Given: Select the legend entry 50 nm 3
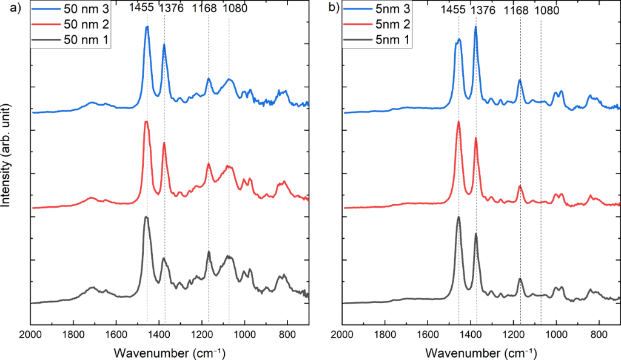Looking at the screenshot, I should pyautogui.click(x=87, y=10).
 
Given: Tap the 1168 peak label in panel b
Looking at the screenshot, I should pyautogui.click(x=514, y=10).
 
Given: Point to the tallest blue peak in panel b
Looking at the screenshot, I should pyautogui.click(x=475, y=27).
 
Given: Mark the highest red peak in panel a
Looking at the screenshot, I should pyautogui.click(x=146, y=122).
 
